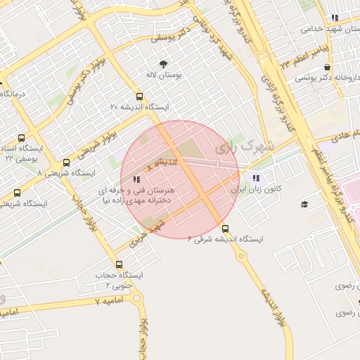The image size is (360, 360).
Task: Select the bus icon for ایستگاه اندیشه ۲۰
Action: click(139, 97)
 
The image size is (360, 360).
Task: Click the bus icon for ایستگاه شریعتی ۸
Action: click(66, 162)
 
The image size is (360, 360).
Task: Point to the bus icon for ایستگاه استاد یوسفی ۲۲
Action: click(20, 139)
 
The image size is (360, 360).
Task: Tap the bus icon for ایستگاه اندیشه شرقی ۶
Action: click(225, 229)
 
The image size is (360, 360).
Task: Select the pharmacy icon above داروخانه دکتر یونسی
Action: click(328, 67)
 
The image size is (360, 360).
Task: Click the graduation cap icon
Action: click(304, 204)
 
